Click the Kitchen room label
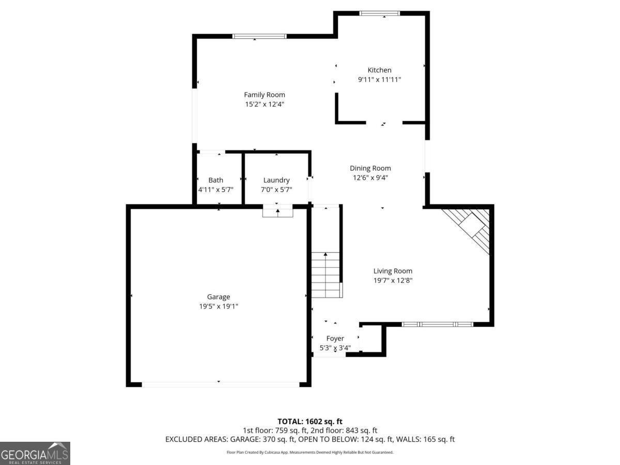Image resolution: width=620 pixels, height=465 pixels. [x=379, y=70]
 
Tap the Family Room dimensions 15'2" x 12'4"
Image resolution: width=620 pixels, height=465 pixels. [x=265, y=104]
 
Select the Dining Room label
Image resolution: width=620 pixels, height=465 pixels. [x=370, y=168]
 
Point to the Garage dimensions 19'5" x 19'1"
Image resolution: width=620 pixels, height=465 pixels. [x=219, y=306]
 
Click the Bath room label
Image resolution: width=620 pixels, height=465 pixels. [x=216, y=180]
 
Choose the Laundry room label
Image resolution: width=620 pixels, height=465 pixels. [x=276, y=180]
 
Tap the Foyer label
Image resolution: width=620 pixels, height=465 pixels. [x=335, y=338]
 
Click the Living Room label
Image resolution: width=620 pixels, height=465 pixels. [x=393, y=271]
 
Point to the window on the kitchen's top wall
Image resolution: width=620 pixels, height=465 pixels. [x=380, y=13]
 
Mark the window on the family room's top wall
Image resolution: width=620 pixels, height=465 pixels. [x=259, y=36]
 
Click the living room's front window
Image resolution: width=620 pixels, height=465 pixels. [x=438, y=324]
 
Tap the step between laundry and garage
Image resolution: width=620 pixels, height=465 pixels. [x=278, y=211]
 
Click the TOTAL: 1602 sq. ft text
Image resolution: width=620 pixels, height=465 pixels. [x=310, y=422]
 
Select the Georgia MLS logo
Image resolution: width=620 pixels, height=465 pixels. [x=35, y=453]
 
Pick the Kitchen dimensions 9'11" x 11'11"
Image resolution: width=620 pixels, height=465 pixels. [x=379, y=80]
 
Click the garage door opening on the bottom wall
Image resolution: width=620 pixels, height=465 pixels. [x=220, y=384]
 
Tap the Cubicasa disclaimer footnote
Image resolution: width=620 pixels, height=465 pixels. [x=310, y=453]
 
